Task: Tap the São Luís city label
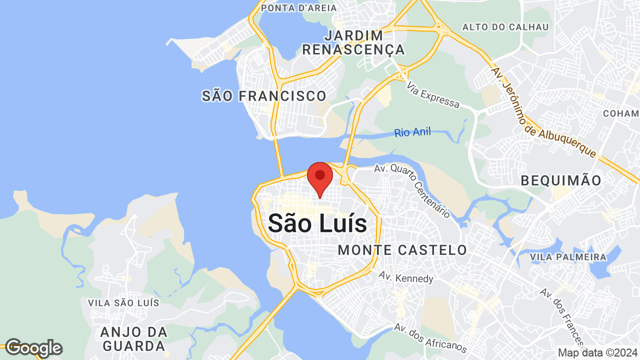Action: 317,223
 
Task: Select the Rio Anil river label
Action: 412,132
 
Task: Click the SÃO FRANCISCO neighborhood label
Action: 264,96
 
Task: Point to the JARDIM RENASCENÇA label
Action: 353,42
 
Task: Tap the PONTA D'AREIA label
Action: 292,7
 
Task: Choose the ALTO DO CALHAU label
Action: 505,27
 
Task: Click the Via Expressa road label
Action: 432,95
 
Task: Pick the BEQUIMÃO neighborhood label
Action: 561,180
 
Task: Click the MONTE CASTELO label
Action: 402,250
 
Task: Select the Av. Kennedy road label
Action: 406,277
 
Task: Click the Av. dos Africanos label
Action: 430,338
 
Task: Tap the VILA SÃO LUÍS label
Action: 123,303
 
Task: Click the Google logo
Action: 33,348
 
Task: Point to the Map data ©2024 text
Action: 597,352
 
